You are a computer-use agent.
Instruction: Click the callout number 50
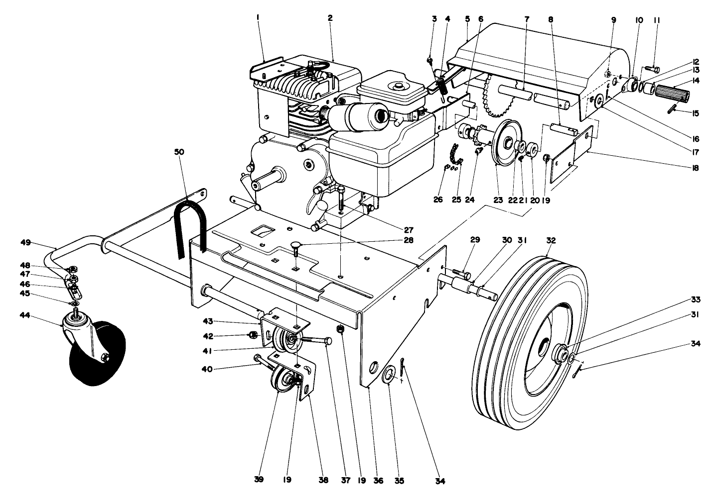179,152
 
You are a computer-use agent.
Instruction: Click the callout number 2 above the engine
330,18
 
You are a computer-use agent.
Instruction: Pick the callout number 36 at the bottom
379,481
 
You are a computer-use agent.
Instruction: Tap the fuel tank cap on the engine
397,87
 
